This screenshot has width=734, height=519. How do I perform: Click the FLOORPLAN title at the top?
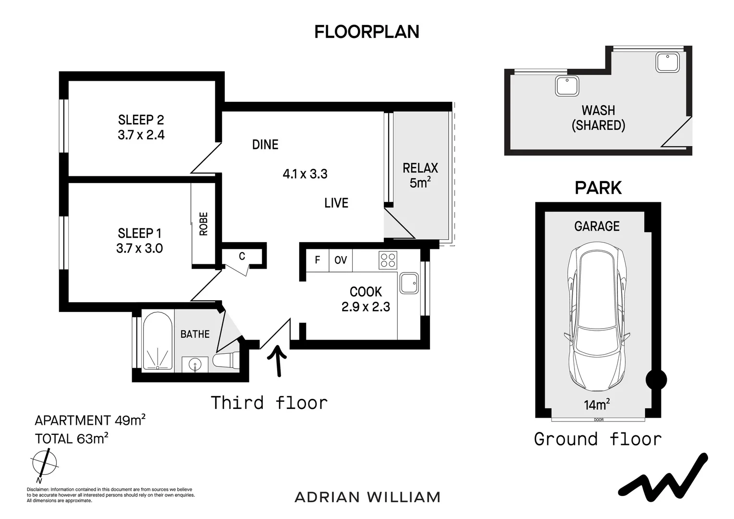(x=367, y=32)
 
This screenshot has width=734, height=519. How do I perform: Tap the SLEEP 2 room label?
(x=141, y=120)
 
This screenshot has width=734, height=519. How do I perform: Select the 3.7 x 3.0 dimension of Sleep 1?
(x=139, y=248)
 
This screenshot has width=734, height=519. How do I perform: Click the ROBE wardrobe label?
(x=204, y=224)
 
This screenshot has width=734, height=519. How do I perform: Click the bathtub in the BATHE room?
(x=158, y=341)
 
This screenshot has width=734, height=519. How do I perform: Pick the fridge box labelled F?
(x=317, y=260)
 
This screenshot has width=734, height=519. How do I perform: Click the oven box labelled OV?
(x=341, y=260)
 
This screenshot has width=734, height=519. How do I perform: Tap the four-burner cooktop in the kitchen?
(x=388, y=260)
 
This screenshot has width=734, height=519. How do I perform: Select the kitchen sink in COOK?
(x=409, y=283)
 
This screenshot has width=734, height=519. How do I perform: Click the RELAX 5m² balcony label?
(x=420, y=175)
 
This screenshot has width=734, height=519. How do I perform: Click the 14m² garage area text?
(x=597, y=405)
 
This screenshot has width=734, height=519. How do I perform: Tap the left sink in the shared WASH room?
(x=567, y=86)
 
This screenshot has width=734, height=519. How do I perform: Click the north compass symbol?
(x=45, y=463)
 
